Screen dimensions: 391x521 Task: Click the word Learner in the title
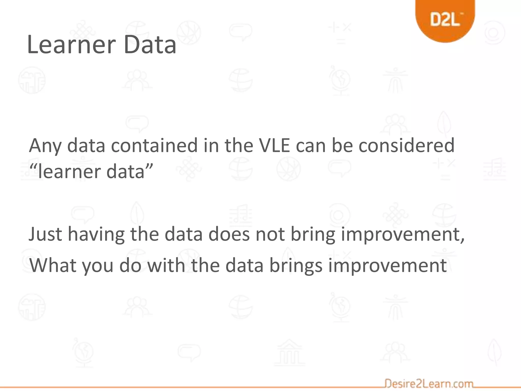coord(71,45)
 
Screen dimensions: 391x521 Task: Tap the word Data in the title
coord(150,45)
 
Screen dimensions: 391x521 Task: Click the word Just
coord(45,234)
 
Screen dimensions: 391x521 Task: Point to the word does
coord(229,234)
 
